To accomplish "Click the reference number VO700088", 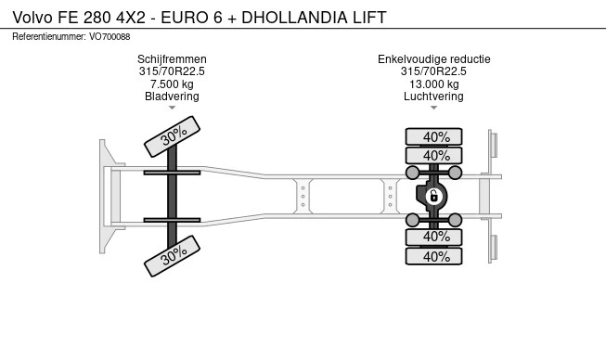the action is click(x=110, y=37).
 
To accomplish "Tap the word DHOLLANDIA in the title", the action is click(x=294, y=18).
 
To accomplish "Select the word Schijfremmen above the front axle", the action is click(x=172, y=59).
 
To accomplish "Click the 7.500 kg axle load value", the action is click(x=172, y=84).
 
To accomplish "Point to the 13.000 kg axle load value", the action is click(x=434, y=84).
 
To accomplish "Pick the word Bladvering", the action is click(x=172, y=96).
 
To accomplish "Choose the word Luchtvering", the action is click(x=433, y=96).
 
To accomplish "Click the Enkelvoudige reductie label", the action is click(x=434, y=59).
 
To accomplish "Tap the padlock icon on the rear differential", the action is click(x=433, y=196).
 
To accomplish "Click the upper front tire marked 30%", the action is click(x=172, y=136).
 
